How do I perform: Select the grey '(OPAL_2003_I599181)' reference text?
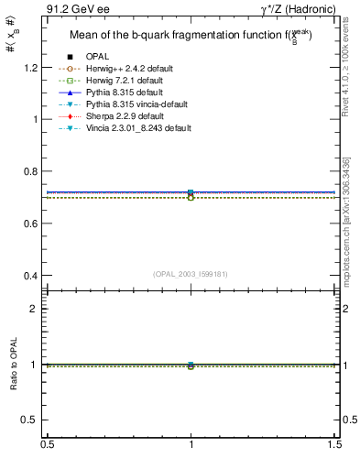pos(191,274)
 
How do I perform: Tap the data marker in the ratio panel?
pos(191,365)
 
